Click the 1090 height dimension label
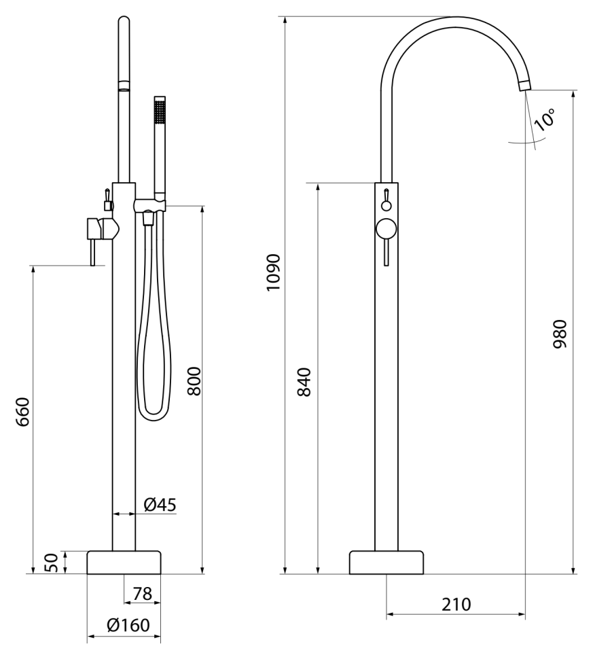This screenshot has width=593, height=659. (x=273, y=272)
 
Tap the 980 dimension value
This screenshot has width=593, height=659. (x=560, y=334)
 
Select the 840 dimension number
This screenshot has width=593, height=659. (x=304, y=382)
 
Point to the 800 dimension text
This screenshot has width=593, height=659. (x=194, y=380)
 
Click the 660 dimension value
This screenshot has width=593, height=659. (x=22, y=412)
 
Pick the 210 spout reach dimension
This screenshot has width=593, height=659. (x=456, y=605)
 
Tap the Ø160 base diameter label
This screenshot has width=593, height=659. (x=128, y=625)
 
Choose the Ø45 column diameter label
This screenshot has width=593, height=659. (x=160, y=504)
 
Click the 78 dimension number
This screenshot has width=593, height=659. (x=142, y=594)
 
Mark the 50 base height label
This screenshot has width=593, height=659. (x=50, y=563)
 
